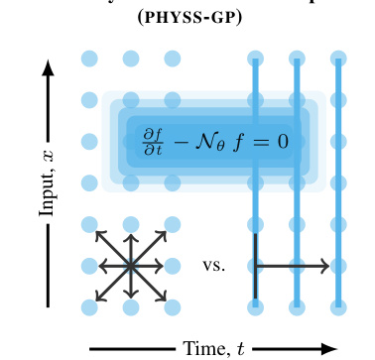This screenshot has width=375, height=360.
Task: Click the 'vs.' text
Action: pos(213,266)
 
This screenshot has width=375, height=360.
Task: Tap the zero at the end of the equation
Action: pos(282,143)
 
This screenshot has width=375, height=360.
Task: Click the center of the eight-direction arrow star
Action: pos(131,265)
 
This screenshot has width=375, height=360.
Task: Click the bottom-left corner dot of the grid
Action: pos(89,306)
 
